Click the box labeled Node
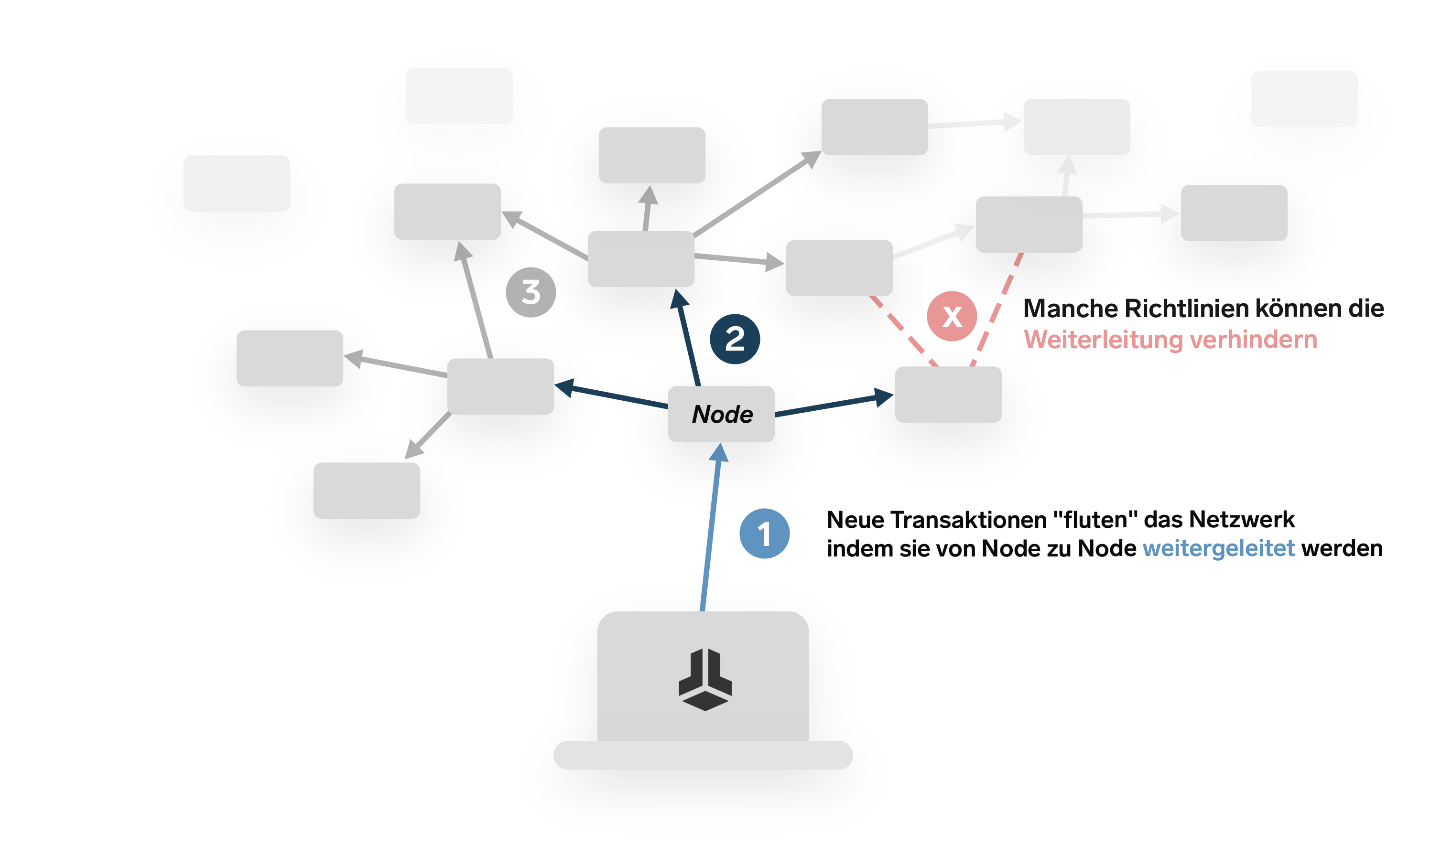(x=721, y=414)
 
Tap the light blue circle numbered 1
(x=764, y=533)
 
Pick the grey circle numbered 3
(x=531, y=292)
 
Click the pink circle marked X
(x=952, y=316)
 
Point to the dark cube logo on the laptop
(x=704, y=680)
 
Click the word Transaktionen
(x=968, y=520)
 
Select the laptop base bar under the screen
(x=703, y=755)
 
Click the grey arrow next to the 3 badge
(x=476, y=299)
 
